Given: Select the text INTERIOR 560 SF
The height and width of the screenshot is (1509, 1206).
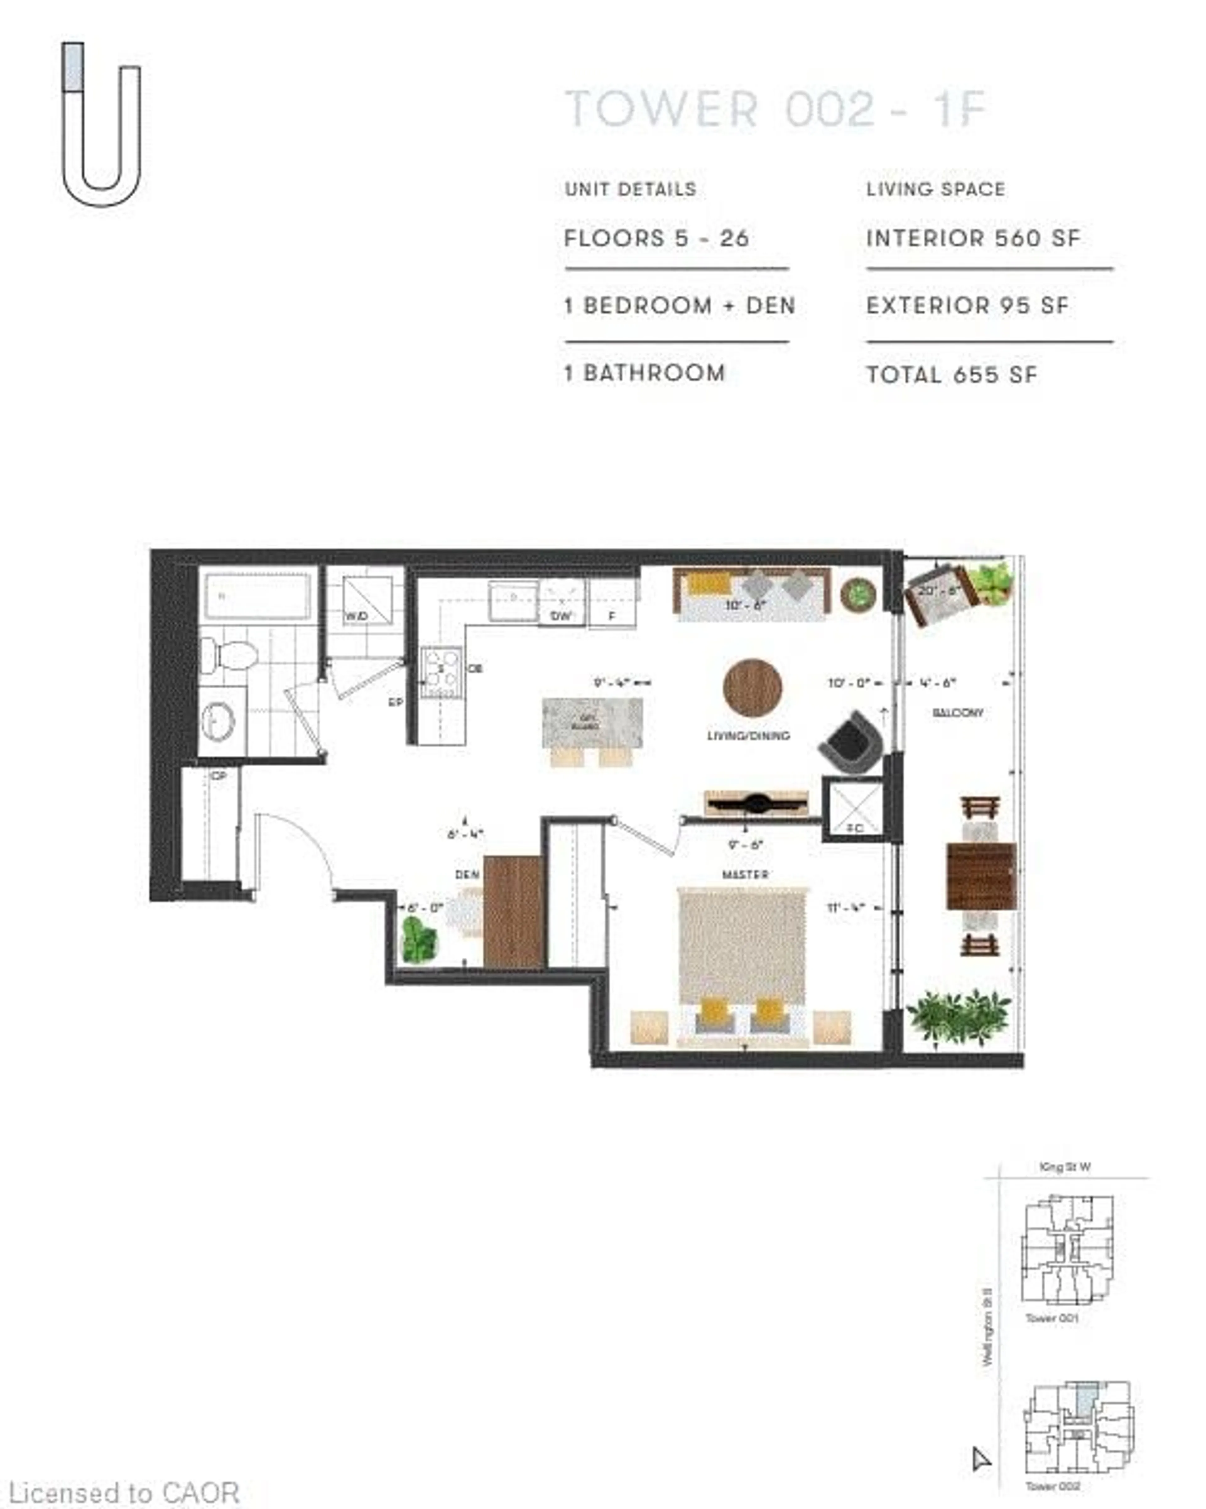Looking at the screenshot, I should (x=973, y=239).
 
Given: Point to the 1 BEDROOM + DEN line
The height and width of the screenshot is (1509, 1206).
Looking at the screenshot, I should (x=679, y=306).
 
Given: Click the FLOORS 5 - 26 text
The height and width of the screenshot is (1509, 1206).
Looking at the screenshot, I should (x=656, y=239).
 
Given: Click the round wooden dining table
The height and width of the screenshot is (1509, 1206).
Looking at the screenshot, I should (x=752, y=688).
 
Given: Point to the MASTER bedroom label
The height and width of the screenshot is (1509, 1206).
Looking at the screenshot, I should (x=745, y=874).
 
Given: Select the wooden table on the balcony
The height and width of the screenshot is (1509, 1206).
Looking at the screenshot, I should (x=981, y=876).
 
